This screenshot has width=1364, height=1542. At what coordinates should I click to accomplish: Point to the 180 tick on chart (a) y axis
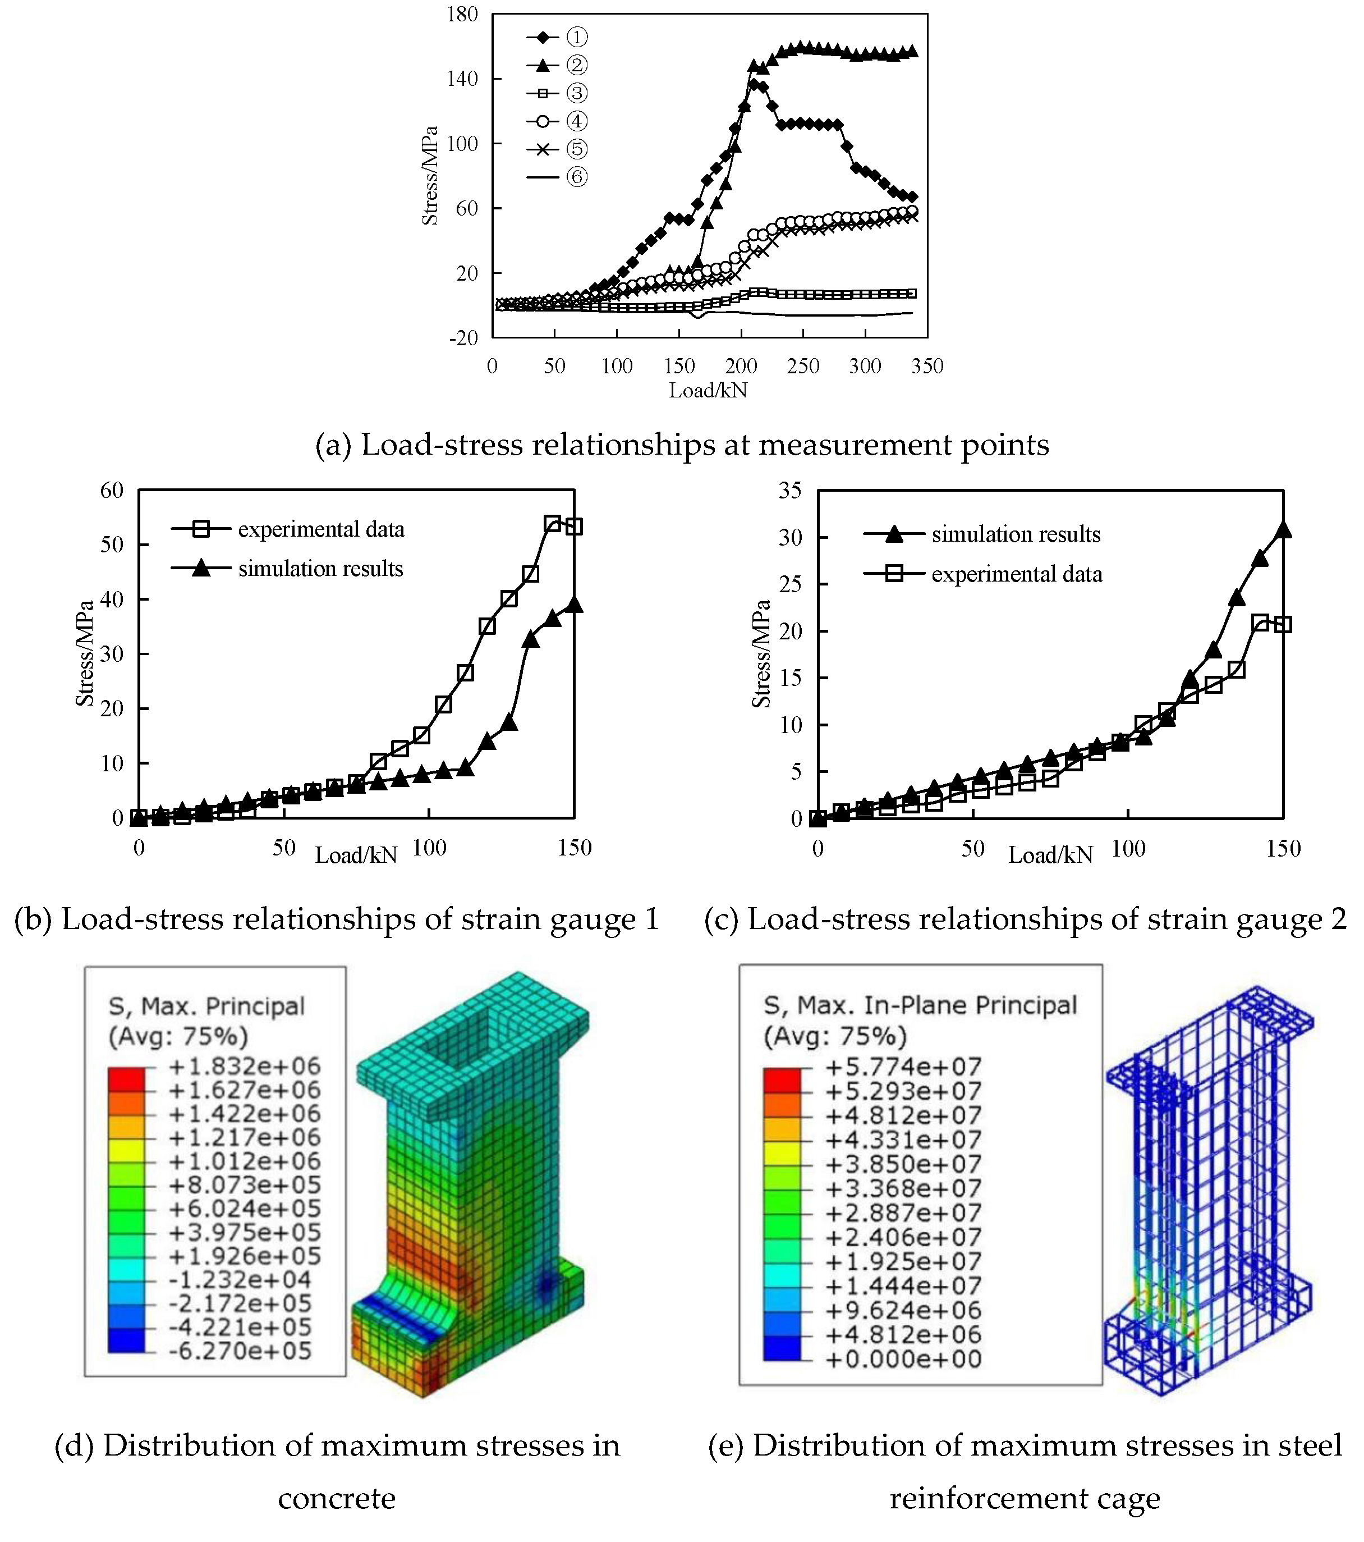click(x=462, y=15)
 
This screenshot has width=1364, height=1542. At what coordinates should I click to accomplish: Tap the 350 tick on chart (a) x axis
click(x=927, y=367)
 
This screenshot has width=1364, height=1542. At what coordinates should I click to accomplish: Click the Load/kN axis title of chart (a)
click(x=708, y=390)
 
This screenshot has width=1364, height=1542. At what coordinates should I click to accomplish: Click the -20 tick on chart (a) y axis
click(x=463, y=338)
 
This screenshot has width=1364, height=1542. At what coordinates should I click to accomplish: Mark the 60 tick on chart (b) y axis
click(x=112, y=491)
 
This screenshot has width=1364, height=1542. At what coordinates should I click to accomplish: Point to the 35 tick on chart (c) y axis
click(x=789, y=491)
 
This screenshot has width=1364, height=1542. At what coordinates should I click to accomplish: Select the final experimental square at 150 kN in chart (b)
click(x=574, y=527)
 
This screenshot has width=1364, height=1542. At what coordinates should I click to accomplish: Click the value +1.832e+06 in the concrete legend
click(x=244, y=1067)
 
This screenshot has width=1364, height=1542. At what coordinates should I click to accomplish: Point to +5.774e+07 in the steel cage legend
click(x=903, y=1067)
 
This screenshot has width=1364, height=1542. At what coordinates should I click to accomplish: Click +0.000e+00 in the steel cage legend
click(x=903, y=1360)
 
